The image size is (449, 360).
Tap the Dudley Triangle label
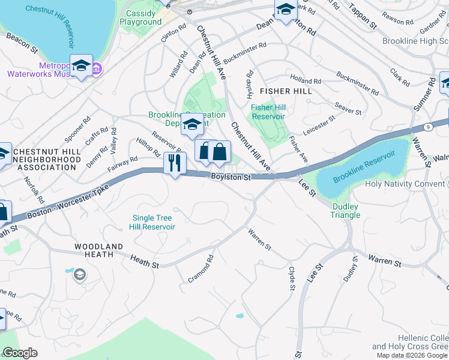coord(345,211)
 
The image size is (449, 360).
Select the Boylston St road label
coord(231,176)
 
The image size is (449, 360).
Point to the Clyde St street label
coord(292,279)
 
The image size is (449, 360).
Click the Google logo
coord(20,353)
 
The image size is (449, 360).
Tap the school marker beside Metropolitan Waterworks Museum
coord(80,66)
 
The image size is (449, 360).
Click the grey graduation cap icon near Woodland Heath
coord(79,275)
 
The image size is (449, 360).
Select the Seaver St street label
coord(348,109)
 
